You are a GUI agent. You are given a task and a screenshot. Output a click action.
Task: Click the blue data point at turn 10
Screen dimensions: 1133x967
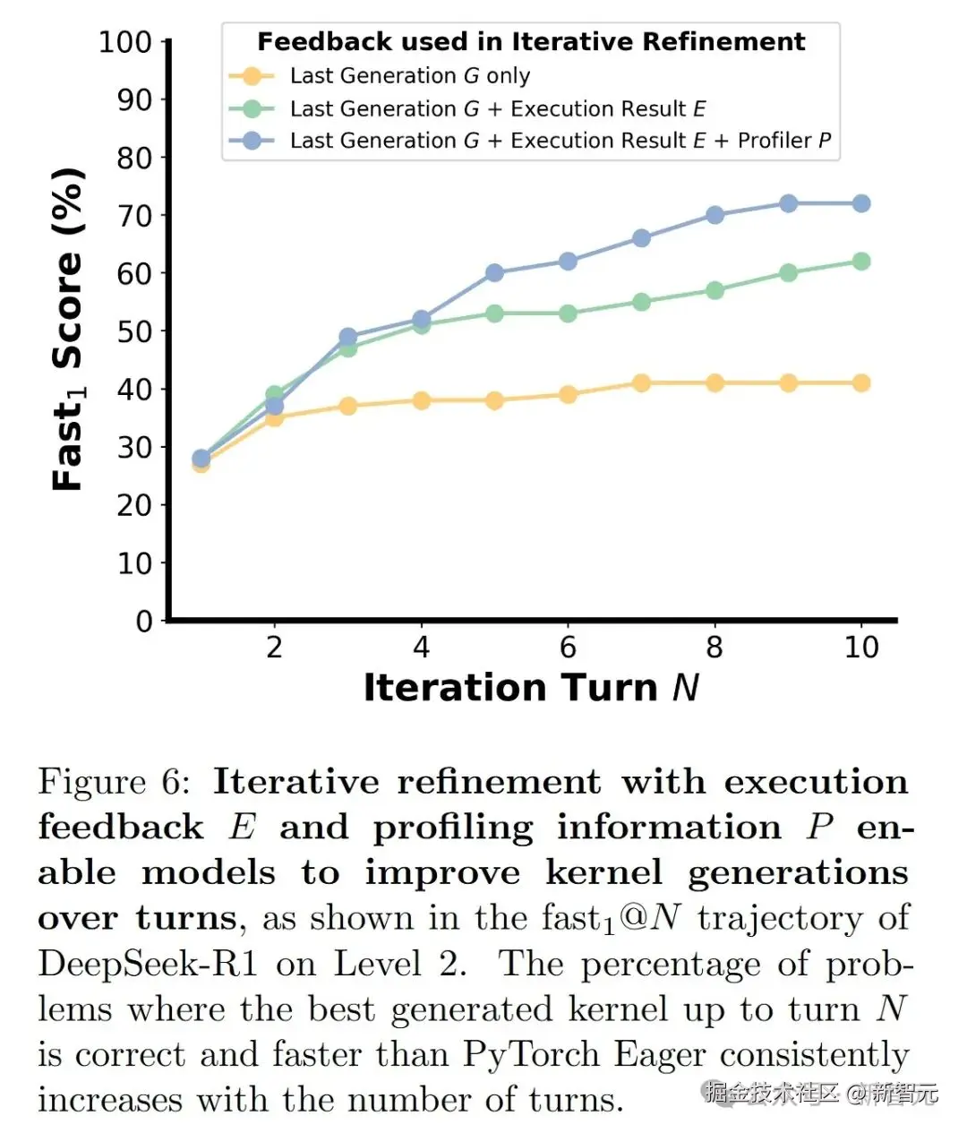coord(861,204)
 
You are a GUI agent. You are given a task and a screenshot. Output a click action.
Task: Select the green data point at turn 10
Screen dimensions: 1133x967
coord(861,262)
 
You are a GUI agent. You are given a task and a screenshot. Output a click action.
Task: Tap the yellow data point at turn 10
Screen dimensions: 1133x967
coord(861,383)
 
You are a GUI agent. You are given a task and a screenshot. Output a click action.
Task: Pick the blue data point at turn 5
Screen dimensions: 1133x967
coord(494,273)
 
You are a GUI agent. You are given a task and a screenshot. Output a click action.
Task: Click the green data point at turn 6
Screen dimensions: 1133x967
coord(568,313)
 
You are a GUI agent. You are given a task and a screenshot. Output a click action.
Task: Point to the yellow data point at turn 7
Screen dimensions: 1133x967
coord(641,383)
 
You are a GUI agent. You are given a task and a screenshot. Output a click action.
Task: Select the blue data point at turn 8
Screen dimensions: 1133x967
coord(715,215)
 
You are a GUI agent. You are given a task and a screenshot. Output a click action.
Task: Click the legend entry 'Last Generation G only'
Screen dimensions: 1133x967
coord(409,76)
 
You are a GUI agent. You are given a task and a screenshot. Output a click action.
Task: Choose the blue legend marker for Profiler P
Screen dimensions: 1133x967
coord(252,141)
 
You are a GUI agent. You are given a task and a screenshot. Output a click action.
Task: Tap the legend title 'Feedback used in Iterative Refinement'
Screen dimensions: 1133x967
coord(531,42)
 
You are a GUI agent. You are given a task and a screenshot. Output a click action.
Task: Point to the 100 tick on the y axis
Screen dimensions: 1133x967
coord(125,42)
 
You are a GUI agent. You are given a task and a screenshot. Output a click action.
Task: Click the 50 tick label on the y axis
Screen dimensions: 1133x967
coord(134,331)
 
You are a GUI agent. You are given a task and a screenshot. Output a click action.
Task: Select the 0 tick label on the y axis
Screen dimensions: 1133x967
coord(143,621)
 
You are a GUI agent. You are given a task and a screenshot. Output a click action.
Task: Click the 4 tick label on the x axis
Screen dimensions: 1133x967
coord(421,648)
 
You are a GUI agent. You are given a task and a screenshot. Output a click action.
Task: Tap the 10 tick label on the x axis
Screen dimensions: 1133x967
coord(861,648)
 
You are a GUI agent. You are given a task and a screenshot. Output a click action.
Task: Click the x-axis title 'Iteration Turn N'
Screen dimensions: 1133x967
coord(531,688)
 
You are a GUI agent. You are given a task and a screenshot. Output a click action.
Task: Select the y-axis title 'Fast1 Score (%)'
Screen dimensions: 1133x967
coord(68,330)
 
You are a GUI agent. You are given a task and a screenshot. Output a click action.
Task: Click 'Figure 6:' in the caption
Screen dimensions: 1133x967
coord(114,782)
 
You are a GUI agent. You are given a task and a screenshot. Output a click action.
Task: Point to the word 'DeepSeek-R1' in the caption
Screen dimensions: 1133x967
coord(148,965)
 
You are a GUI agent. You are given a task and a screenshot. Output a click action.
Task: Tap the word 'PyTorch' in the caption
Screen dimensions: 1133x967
coord(531,1055)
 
